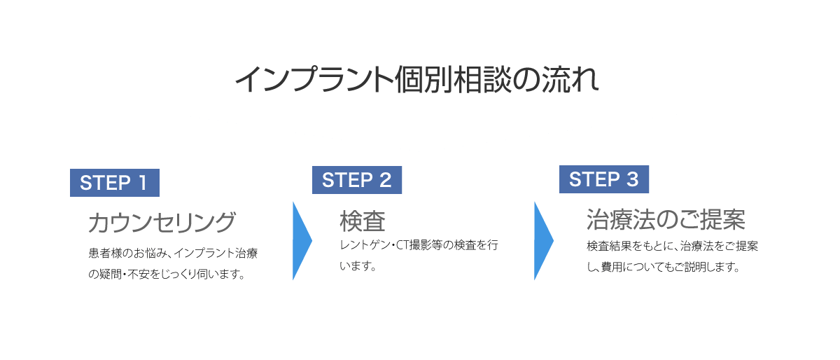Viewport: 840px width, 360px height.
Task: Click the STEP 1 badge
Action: (x=115, y=183)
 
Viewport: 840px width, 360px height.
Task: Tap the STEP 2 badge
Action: (x=357, y=180)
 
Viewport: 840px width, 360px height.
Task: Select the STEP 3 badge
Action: (x=604, y=179)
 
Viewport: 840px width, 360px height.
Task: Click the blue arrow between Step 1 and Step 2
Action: (x=302, y=241)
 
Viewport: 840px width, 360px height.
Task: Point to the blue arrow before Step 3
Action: (x=544, y=241)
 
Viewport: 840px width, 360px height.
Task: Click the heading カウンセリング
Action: (x=162, y=222)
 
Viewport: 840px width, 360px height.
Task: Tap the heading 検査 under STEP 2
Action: (x=363, y=221)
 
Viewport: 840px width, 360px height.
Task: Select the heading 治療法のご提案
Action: (x=666, y=220)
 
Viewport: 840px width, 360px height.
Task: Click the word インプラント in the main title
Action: (x=314, y=80)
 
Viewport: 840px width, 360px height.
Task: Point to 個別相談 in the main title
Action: (x=453, y=80)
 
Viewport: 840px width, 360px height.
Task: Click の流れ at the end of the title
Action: (x=555, y=80)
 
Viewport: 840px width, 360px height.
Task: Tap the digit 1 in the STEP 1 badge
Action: (x=143, y=183)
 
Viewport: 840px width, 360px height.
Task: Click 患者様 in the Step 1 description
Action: (x=106, y=253)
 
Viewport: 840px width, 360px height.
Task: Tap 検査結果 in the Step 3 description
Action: (x=609, y=246)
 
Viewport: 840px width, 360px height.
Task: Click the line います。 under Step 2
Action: (x=358, y=266)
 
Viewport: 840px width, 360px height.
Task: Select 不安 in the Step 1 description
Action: (x=139, y=274)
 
